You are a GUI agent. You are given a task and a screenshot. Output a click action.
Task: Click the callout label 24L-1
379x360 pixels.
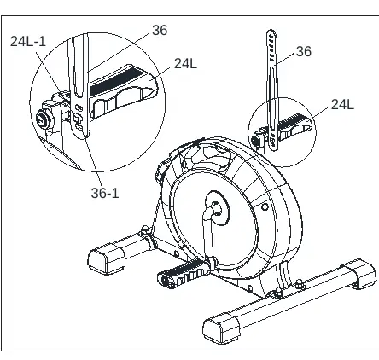coord(28,42)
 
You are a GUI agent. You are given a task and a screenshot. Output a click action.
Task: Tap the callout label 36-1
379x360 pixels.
coord(105,193)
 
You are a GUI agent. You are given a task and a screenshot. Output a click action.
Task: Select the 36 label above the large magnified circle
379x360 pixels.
coord(160,30)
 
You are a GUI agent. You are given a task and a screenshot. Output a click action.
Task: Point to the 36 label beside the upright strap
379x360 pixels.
coord(304,51)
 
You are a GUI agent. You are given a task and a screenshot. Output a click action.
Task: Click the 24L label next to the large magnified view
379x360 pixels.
coord(185,63)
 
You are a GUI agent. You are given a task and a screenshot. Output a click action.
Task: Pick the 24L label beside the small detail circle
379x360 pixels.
coord(342,104)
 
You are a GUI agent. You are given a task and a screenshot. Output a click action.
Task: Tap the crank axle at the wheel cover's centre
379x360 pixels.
coord(215,208)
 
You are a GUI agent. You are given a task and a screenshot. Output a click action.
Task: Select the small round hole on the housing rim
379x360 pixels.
coord(265,206)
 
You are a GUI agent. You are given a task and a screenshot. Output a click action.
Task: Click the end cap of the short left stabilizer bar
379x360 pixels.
coord(106,258)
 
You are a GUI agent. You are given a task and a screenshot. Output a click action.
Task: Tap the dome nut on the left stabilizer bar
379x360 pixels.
coord(145,229)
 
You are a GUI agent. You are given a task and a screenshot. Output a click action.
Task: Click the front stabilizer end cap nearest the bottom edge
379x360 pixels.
coord(221,329)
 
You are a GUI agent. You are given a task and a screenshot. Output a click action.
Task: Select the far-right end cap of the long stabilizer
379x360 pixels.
coord(361,273)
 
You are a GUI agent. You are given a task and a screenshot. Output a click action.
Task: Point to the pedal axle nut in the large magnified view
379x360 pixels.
coord(44,119)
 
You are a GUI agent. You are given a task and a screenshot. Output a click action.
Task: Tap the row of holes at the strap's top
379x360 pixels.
coord(272,48)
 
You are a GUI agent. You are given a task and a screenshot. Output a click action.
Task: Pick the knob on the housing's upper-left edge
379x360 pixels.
coord(160,171)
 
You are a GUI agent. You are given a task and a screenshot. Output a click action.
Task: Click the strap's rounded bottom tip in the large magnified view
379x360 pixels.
coord(80,134)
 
